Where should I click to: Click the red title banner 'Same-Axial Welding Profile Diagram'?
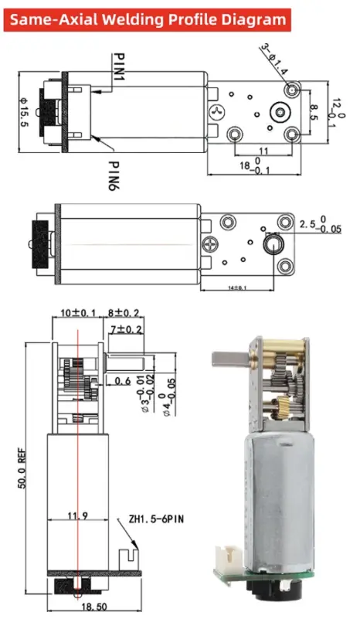[148, 19]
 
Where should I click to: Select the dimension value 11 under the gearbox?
[263, 151]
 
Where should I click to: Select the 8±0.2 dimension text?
[124, 313]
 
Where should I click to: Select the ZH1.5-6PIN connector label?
[152, 520]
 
